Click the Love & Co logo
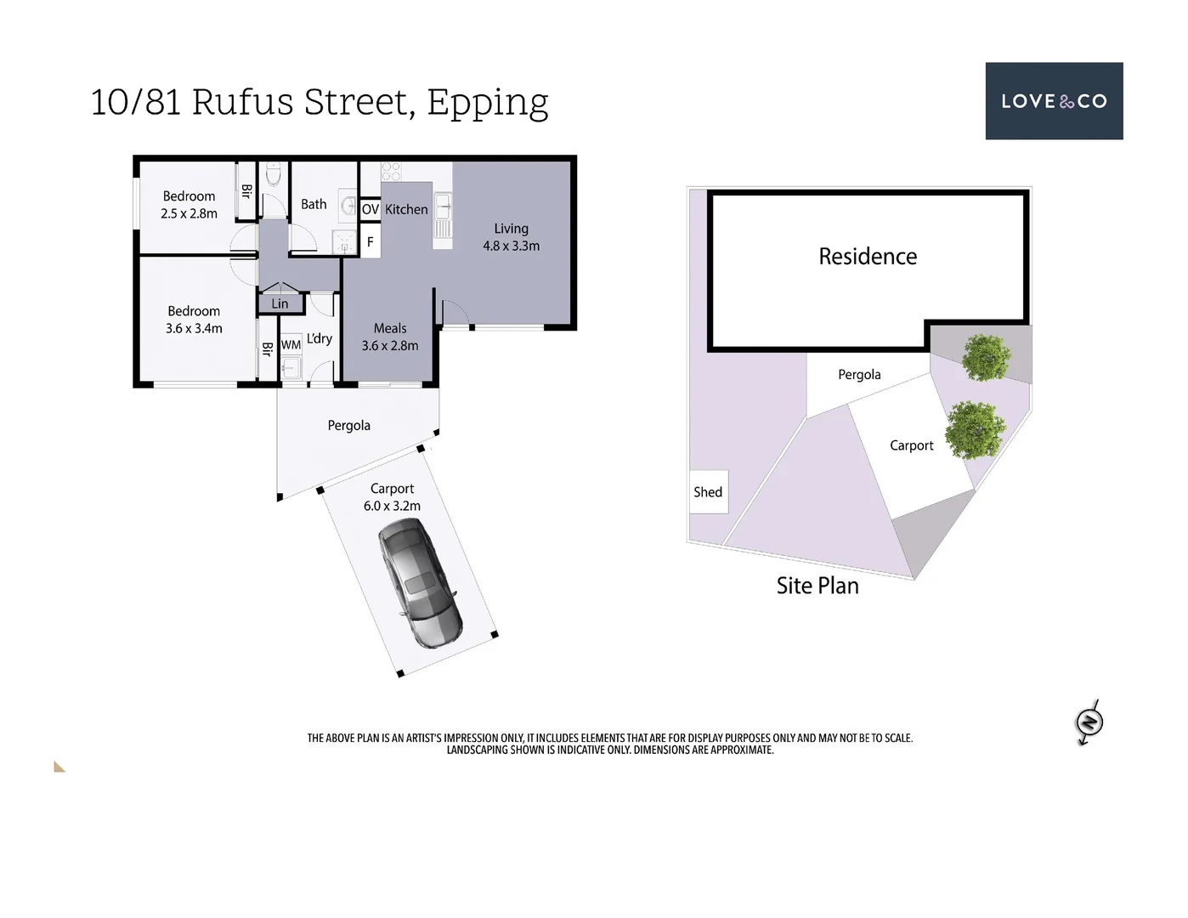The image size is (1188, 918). pos(1054,101)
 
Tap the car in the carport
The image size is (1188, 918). pos(420,583)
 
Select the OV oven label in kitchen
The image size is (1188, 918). pos(371,209)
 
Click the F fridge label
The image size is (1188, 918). pos(371,242)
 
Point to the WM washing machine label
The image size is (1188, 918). pos(291,345)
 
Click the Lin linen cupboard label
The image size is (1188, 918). pos(280,303)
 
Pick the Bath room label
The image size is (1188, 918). pos(314,204)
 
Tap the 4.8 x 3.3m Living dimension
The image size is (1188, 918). pos(511,246)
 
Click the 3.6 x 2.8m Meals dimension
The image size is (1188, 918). pos(390,346)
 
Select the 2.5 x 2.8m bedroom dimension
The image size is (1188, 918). pos(189,214)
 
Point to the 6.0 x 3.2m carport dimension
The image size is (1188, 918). pos(392,506)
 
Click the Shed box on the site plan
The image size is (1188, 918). pos(708,492)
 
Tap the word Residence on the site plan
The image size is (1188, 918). pos(868,257)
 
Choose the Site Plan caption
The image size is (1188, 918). pos(817,586)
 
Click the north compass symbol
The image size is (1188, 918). pos(1089,722)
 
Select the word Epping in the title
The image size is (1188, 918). pos(487,103)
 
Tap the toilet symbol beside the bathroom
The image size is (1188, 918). pos(274,174)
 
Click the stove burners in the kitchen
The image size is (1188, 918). pos(391,171)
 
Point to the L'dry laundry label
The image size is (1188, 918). pos(320,338)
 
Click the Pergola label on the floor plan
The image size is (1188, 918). pos(349,426)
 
